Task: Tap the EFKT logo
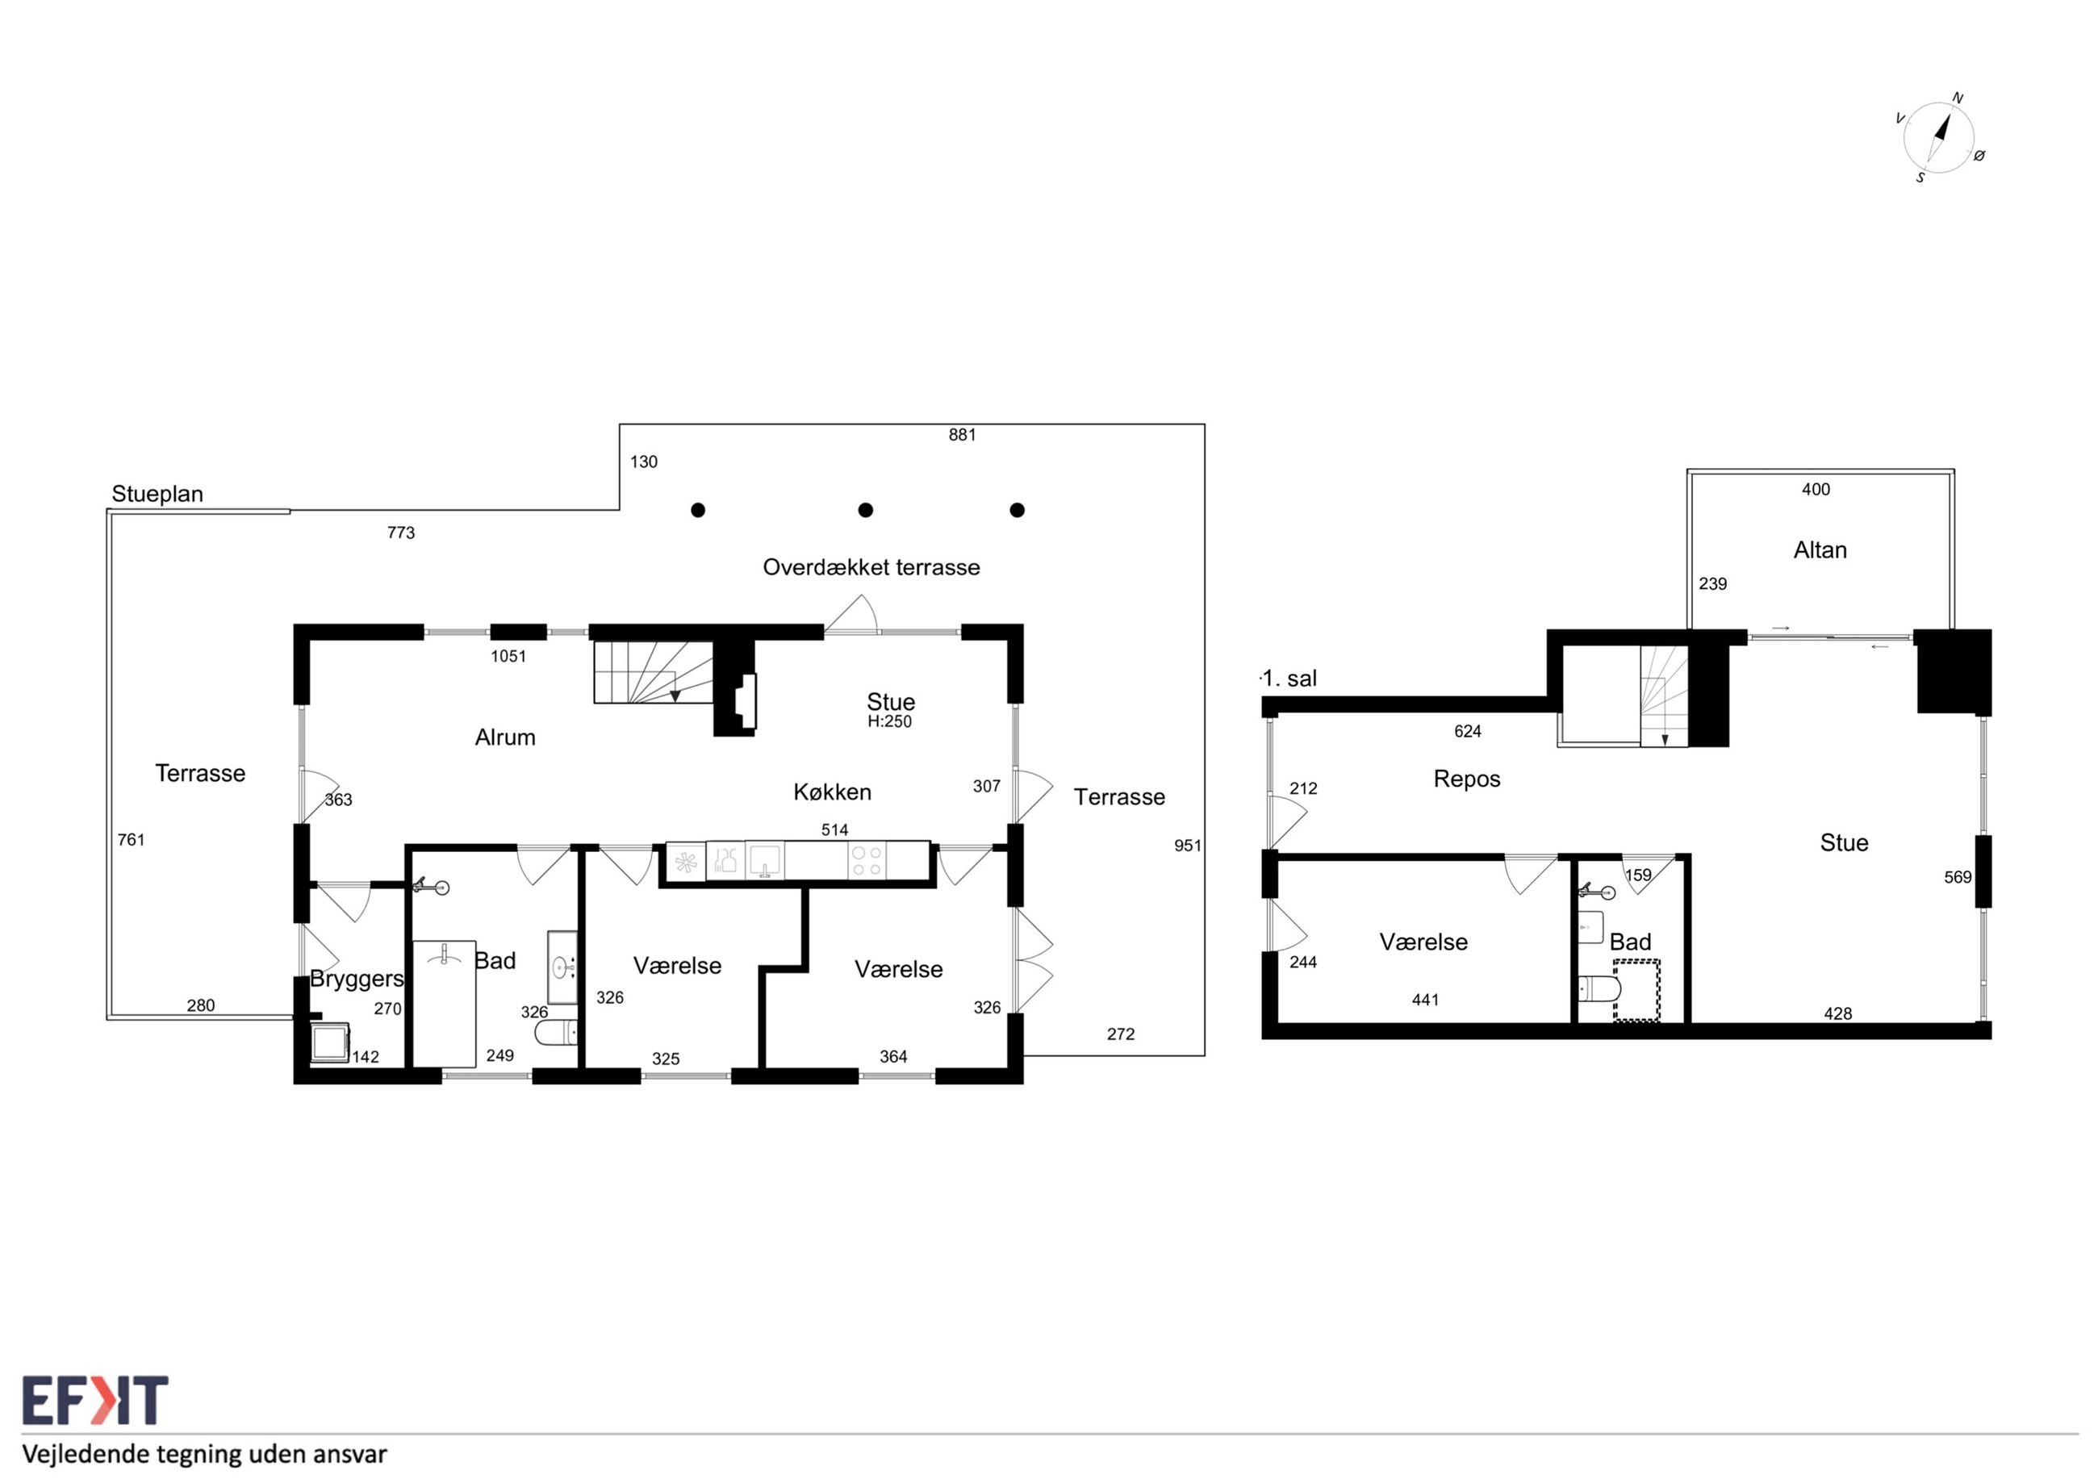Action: [95, 1401]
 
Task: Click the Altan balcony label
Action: [1820, 550]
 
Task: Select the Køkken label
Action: [831, 792]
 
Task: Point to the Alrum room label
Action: [504, 737]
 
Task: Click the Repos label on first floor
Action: [1467, 779]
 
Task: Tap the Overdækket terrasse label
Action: [871, 567]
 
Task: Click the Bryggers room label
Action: [357, 979]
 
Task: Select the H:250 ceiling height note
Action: [889, 721]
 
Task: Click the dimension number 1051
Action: [508, 656]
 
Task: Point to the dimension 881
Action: [962, 435]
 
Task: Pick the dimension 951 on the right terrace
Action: [1187, 846]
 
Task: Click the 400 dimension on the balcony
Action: [1816, 490]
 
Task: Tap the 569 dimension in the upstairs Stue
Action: [1958, 877]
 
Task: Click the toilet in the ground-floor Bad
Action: [556, 1033]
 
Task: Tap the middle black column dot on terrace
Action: [865, 510]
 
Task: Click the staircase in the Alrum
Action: [654, 671]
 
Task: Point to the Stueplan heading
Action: [157, 495]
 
